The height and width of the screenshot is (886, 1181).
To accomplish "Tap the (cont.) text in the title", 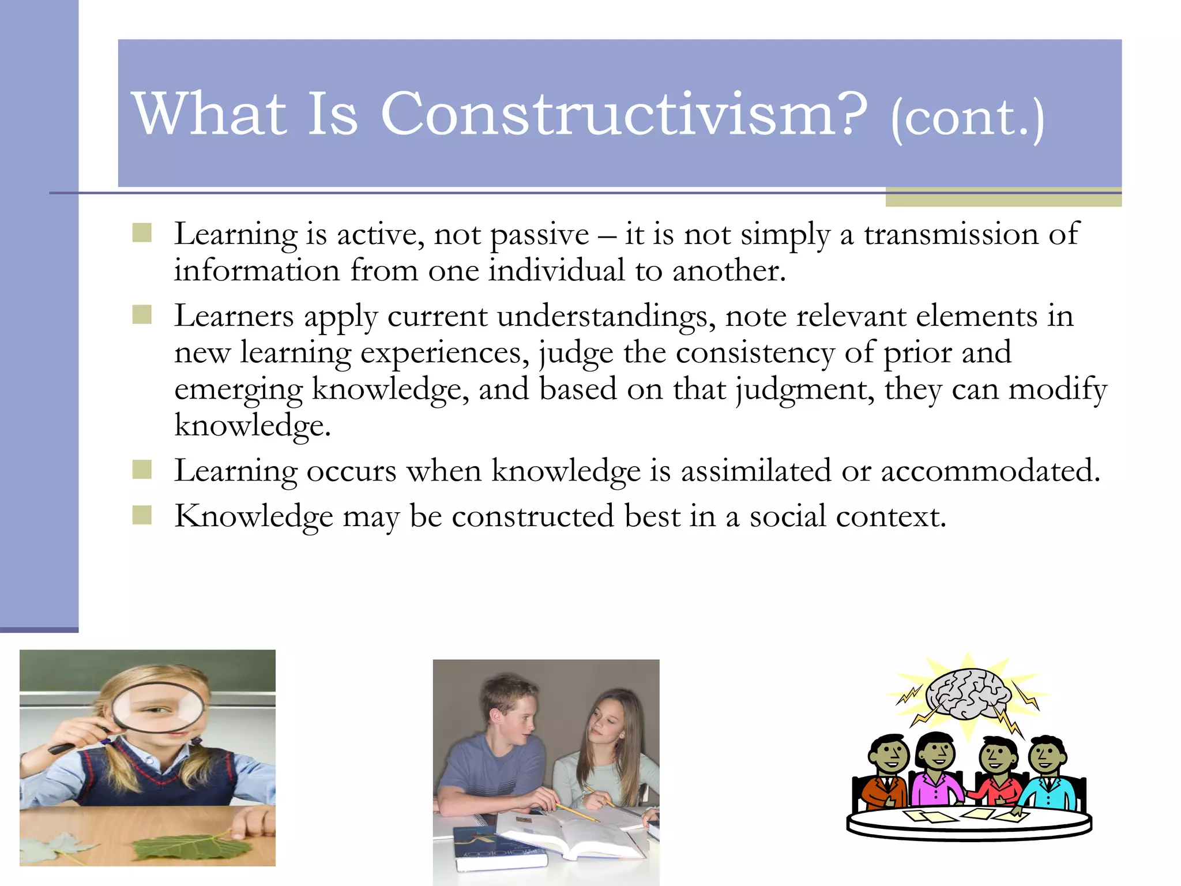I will tap(967, 119).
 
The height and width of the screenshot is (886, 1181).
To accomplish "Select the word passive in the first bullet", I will tap(540, 235).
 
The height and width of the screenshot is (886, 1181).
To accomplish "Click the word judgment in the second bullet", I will tap(805, 390).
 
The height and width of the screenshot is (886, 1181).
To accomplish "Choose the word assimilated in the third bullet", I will tap(755, 471).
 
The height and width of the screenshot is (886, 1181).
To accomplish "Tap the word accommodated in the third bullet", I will tap(990, 471).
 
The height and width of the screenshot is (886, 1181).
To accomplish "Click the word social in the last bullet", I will tap(788, 516).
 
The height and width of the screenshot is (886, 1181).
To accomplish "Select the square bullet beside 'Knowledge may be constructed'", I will tap(142, 515).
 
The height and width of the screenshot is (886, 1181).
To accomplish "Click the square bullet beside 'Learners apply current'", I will tap(142, 315).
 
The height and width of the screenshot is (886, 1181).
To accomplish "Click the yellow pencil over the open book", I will tap(577, 813).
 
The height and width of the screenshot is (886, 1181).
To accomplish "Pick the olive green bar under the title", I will tap(1003, 199).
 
